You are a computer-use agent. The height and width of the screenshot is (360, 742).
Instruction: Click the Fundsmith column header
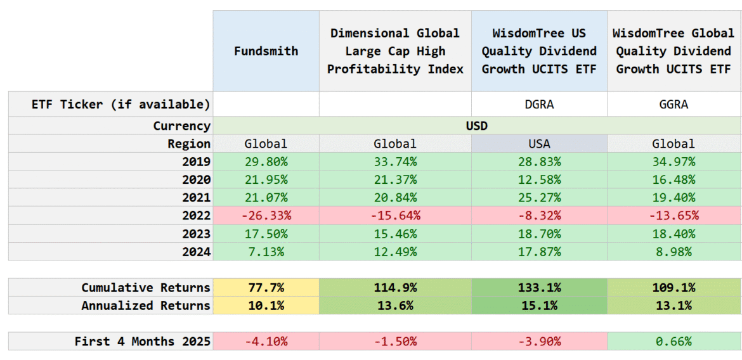[266, 51]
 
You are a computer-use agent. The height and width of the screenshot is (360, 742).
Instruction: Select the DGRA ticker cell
[539, 105]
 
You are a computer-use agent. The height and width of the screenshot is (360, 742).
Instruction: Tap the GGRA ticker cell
[674, 105]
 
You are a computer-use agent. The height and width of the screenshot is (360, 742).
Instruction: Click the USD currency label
[476, 125]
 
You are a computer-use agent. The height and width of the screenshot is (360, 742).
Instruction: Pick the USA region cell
[539, 144]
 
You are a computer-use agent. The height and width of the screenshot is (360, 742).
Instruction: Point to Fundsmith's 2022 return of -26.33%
[266, 215]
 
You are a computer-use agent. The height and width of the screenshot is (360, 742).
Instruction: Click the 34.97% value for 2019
[674, 162]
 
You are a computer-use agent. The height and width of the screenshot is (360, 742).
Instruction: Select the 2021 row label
[196, 198]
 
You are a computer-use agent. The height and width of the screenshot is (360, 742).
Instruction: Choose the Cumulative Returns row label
[145, 288]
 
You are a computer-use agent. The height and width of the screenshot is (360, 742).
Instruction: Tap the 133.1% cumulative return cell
[539, 288]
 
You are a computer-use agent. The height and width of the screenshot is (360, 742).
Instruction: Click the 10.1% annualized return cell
[266, 305]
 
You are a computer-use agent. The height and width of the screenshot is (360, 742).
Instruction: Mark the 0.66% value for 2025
[674, 342]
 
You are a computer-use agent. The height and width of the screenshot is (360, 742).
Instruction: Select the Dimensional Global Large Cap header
[394, 51]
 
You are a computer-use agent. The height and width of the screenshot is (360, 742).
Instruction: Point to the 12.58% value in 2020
[539, 180]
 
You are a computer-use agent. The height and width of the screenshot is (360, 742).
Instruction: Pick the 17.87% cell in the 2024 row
[539, 252]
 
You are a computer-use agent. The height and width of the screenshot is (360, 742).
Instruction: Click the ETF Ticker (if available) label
[120, 105]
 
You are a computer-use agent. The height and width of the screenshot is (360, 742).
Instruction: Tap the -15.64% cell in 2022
[394, 215]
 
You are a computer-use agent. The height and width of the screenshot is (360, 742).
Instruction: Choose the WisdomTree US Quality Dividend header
[539, 51]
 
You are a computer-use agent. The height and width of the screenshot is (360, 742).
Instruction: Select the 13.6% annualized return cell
[394, 305]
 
